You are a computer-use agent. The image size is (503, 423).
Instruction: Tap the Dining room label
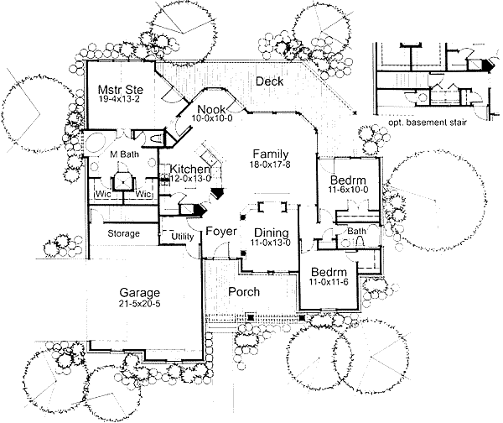(x=270, y=232)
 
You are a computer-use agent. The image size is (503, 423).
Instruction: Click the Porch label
(x=244, y=292)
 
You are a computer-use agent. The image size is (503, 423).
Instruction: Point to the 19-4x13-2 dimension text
(x=116, y=99)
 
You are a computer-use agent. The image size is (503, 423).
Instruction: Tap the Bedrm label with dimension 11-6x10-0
(x=346, y=180)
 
